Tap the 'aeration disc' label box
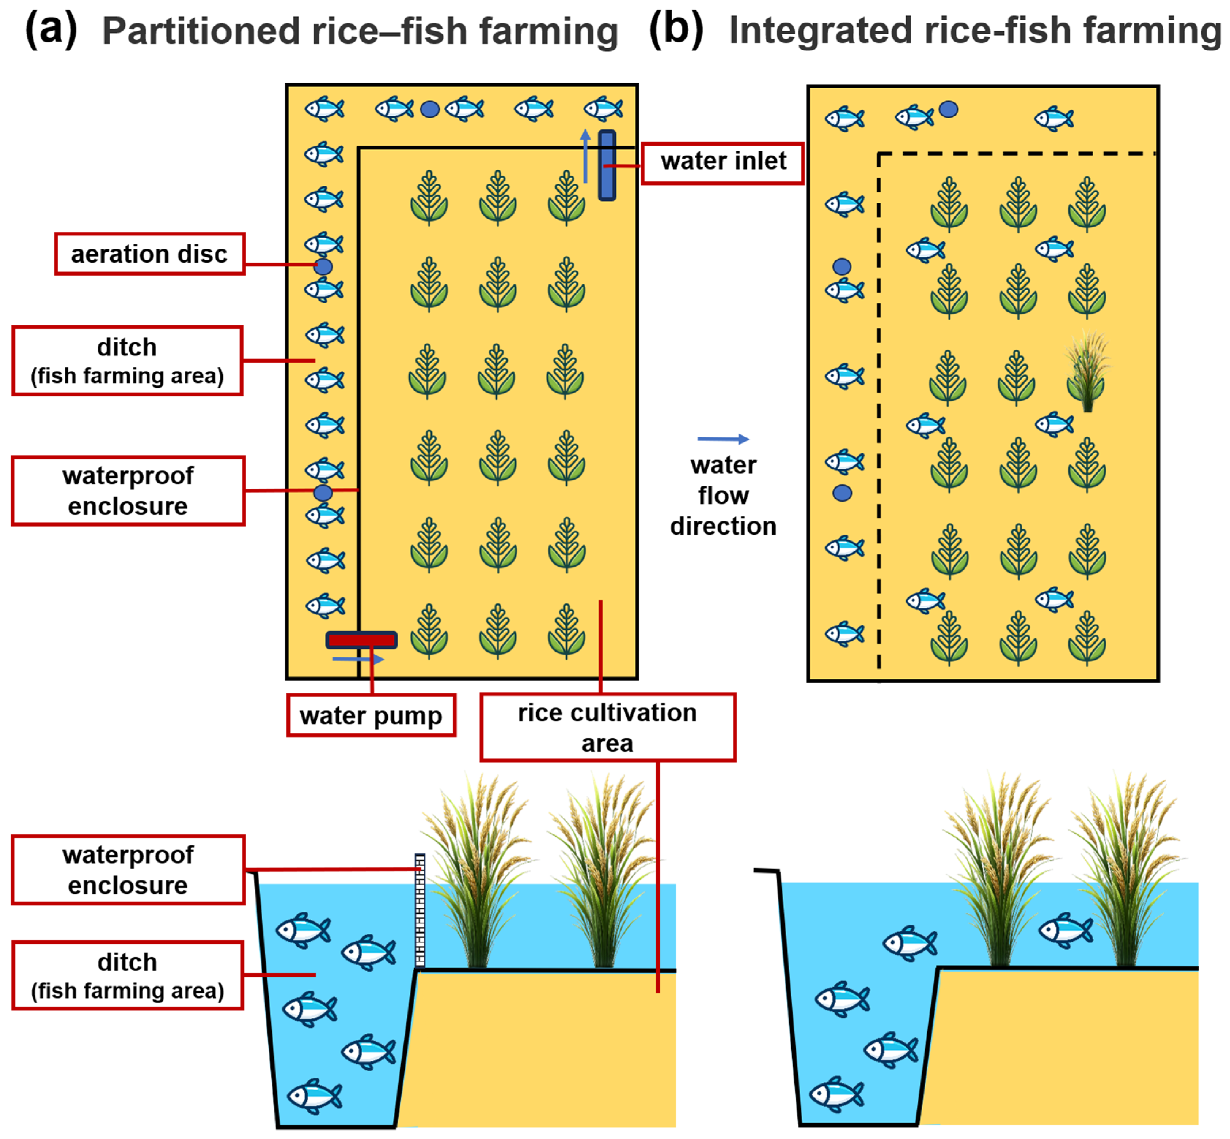click(150, 253)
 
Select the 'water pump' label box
click(371, 715)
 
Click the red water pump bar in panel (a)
click(361, 640)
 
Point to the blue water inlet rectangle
click(607, 165)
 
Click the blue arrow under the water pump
click(358, 660)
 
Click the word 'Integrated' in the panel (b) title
click(819, 31)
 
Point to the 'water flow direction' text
click(723, 495)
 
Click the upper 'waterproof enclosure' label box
click(128, 491)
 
